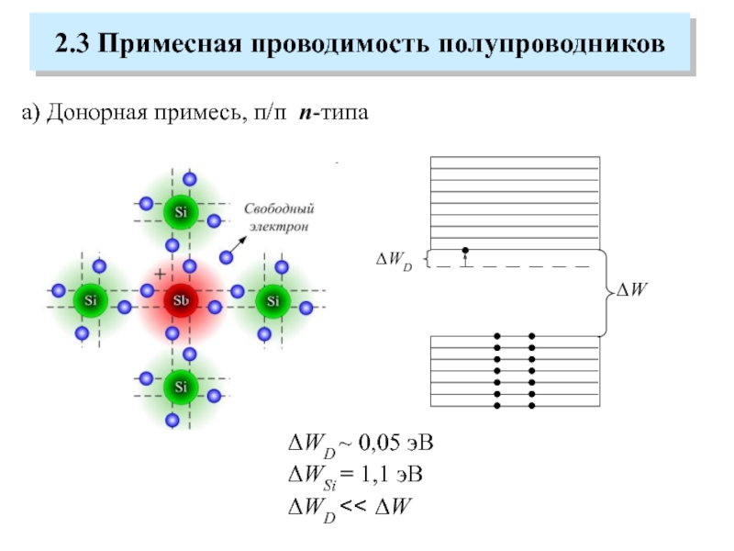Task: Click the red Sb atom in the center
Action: click(181, 300)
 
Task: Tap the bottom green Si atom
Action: click(181, 385)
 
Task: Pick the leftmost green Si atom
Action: click(90, 299)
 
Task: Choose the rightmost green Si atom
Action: click(272, 299)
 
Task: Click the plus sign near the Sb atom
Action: click(161, 275)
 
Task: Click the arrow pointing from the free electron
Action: click(234, 245)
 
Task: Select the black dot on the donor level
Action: click(465, 250)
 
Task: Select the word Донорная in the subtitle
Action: click(89, 113)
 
